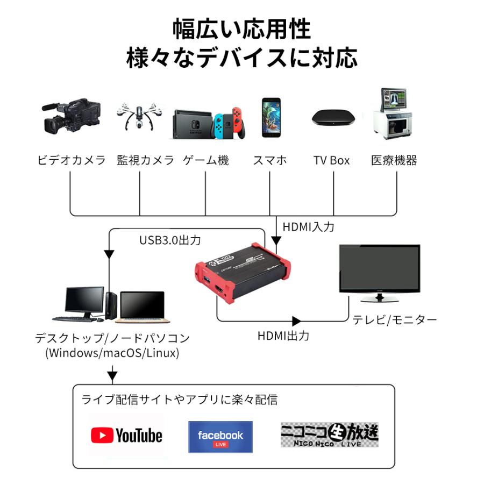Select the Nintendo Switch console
210,123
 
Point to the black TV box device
333,118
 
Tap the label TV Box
331,160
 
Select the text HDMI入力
308,227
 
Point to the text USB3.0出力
170,240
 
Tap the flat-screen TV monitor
380,272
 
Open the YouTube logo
127,435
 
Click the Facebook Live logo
220,437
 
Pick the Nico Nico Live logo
329,435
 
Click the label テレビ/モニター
394,319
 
